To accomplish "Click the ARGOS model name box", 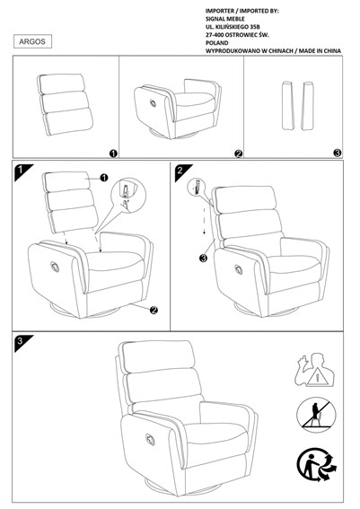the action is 32,41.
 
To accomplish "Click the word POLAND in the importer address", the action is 217,43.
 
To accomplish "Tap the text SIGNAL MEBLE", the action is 225,19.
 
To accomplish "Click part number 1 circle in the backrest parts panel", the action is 113,154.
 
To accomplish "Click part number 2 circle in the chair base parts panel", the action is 239,154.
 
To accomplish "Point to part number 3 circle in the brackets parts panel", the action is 338,153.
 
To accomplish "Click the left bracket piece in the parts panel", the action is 287,106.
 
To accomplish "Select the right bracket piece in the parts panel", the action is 308,106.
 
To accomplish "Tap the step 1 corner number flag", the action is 22,171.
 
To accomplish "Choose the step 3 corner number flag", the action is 22,341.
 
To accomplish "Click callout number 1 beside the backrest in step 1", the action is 104,178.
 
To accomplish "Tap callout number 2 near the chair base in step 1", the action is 154,310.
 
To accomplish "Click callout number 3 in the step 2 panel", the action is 203,258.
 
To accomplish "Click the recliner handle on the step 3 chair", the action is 150,439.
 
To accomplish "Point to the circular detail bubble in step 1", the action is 128,195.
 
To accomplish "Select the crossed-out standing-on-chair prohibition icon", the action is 317,415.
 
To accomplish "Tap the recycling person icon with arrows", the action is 316,464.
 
